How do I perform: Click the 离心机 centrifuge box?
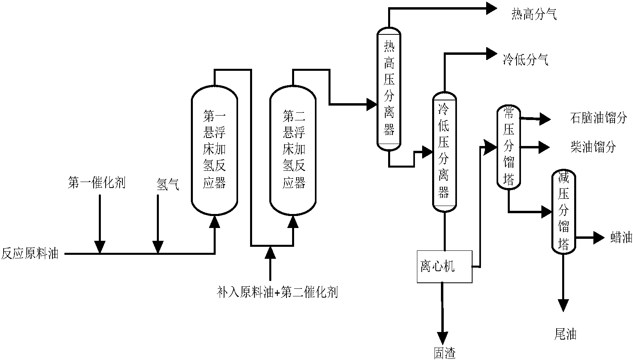(x=444, y=266)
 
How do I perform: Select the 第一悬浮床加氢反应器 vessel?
(x=214, y=150)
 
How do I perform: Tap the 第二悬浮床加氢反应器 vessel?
(x=293, y=150)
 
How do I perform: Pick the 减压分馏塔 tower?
(x=563, y=212)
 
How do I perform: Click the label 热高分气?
(x=534, y=15)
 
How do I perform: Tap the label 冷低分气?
(x=525, y=60)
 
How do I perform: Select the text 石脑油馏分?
(x=598, y=118)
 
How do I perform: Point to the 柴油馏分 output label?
(x=593, y=147)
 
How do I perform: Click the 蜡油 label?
(x=621, y=238)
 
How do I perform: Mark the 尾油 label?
(x=565, y=334)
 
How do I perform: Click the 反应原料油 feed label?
(x=30, y=254)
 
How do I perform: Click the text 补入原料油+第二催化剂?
(x=277, y=292)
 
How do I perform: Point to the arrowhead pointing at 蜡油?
(x=599, y=238)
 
